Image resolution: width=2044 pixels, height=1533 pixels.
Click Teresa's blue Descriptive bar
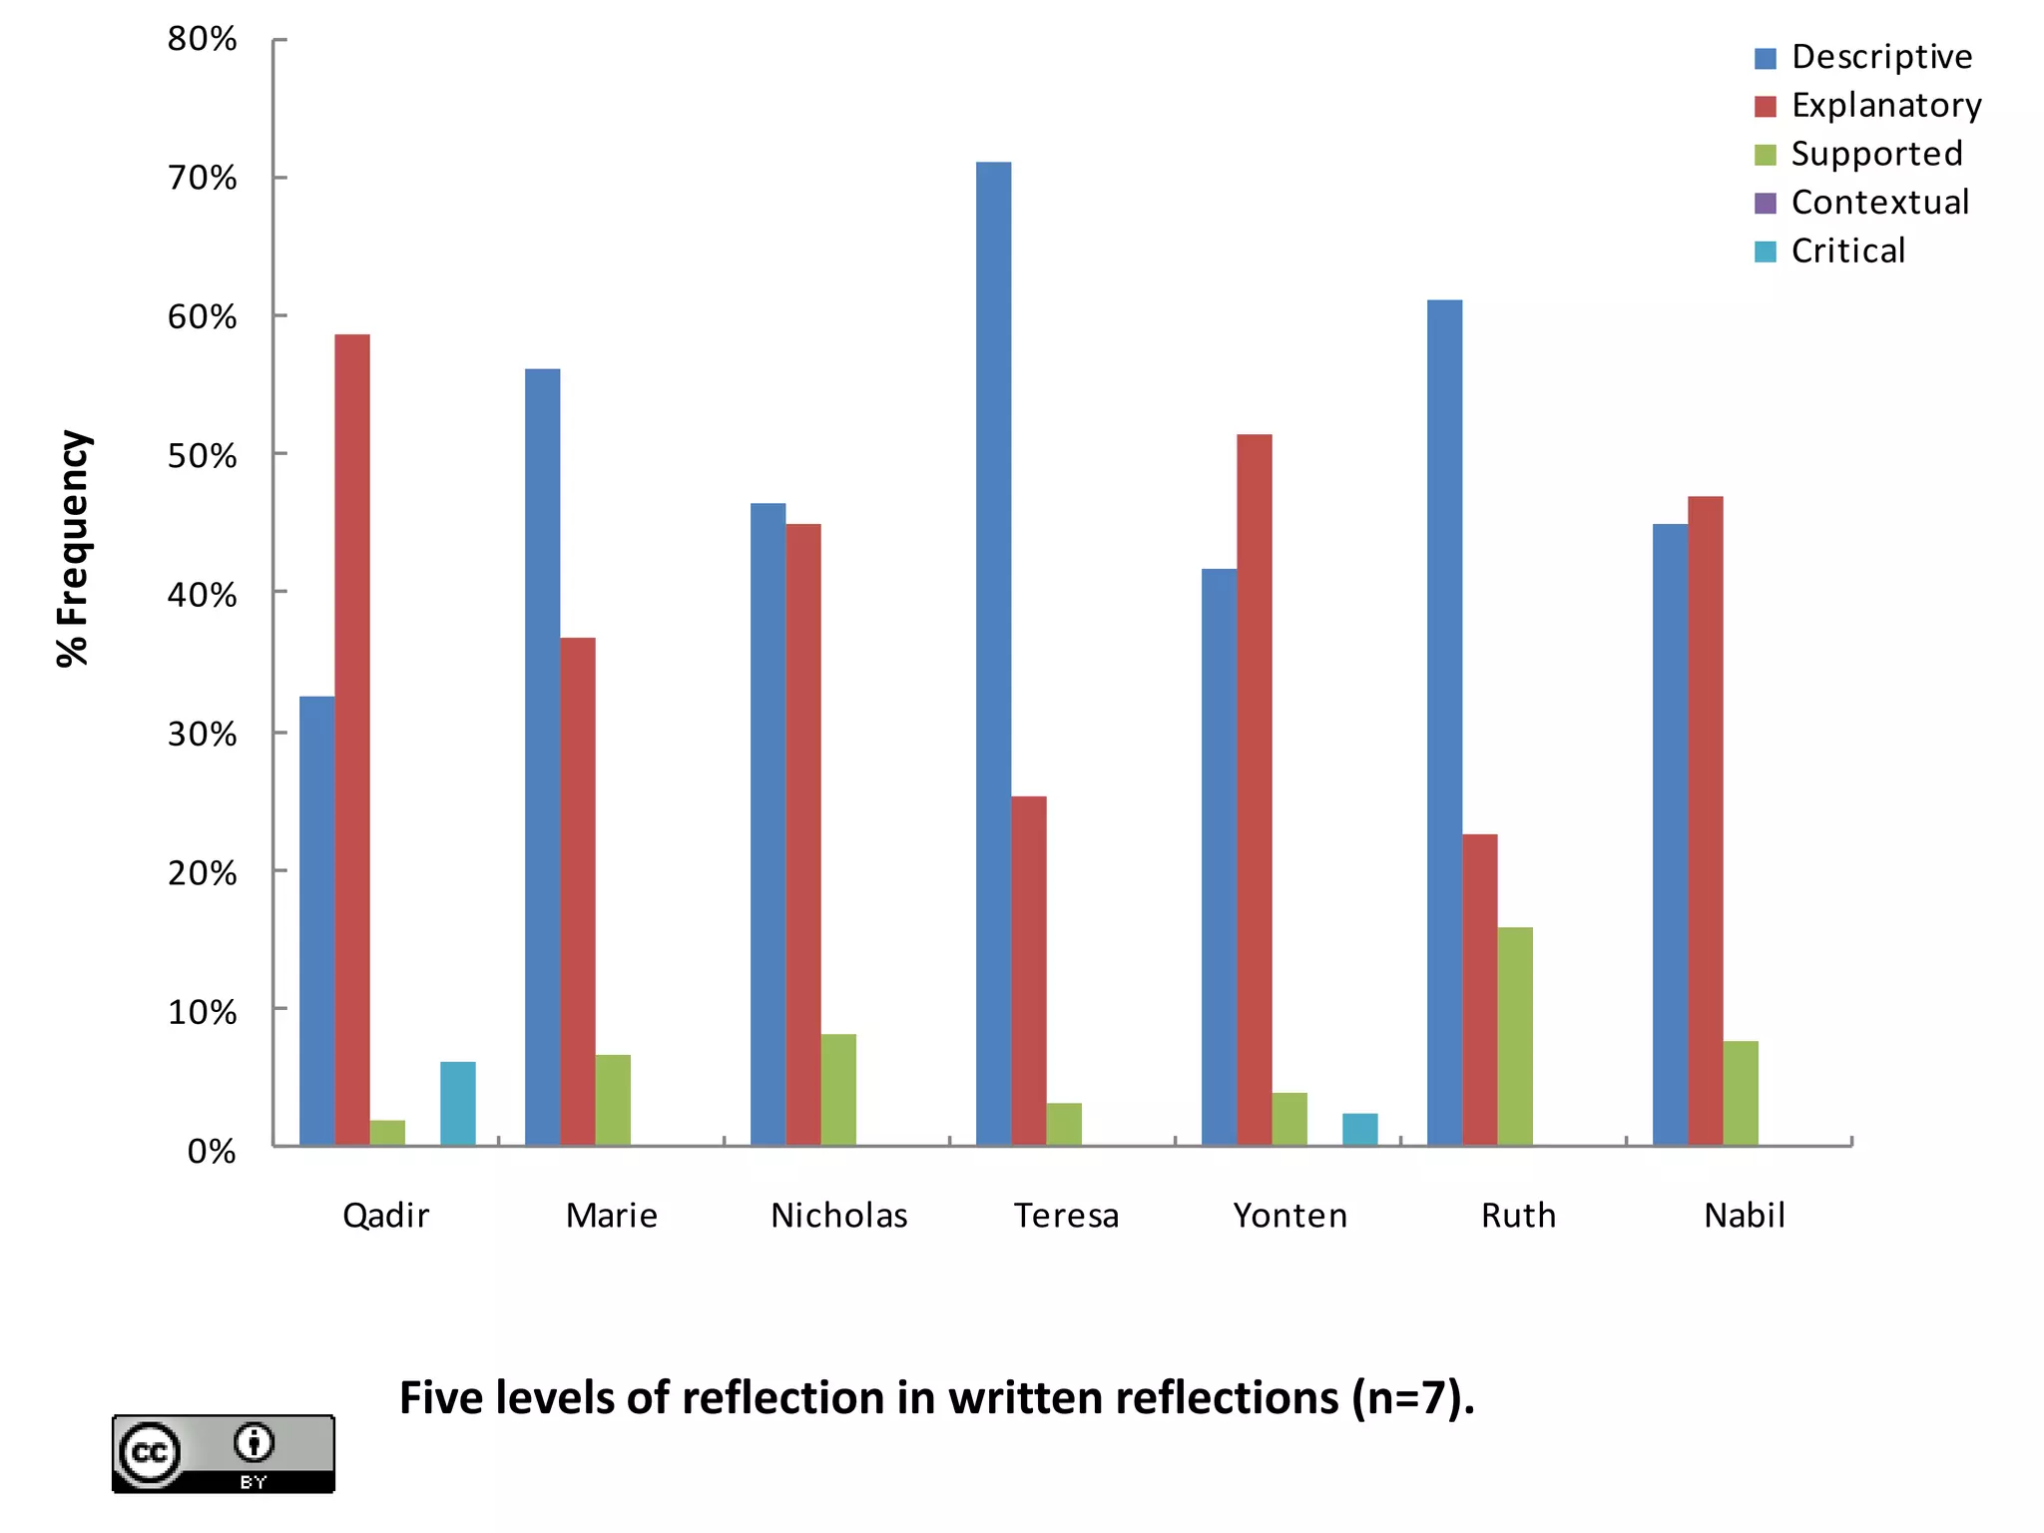[993, 654]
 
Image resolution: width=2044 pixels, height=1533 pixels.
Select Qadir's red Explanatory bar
[352, 740]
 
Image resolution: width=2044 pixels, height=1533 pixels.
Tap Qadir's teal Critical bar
[458, 1103]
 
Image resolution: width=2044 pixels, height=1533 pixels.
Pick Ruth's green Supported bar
[1515, 1036]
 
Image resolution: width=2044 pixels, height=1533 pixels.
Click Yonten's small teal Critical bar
[1359, 1129]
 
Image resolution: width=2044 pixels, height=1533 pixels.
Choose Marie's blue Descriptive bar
[542, 757]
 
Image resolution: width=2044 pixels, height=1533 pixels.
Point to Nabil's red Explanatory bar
[1705, 820]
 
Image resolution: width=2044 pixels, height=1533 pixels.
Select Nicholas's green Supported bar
[838, 1089]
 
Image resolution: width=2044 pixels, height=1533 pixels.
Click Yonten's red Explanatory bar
[1255, 789]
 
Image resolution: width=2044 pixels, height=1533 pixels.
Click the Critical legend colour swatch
[1765, 252]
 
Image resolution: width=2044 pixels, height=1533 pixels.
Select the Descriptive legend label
[1881, 57]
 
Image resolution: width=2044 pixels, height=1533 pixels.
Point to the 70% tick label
[203, 179]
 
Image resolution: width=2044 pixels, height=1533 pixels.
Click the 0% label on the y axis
[212, 1152]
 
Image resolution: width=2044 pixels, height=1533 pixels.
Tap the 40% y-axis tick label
[203, 595]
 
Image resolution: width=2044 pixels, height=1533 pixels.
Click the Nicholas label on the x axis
[839, 1216]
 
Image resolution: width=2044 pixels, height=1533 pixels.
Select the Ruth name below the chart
[1518, 1216]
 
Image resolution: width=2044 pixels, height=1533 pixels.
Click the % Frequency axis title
[74, 548]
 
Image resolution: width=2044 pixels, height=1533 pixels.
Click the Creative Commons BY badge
[224, 1453]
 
